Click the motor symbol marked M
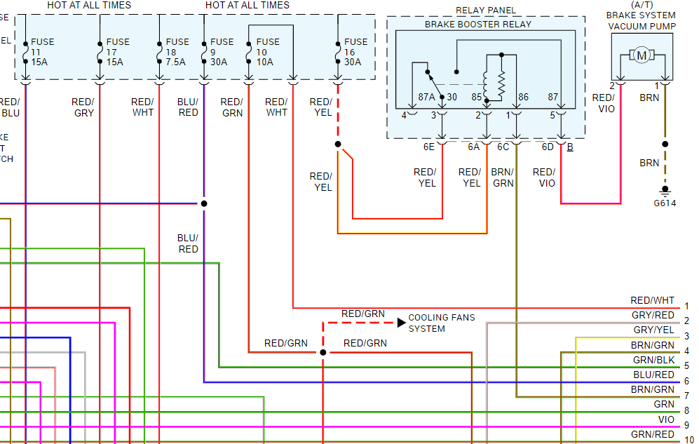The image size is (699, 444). (642, 55)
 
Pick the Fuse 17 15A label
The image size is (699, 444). (117, 52)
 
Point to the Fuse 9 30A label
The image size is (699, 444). (222, 52)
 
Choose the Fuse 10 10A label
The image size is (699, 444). (267, 52)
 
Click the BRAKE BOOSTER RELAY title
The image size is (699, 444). (478, 25)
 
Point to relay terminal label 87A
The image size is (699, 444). (426, 97)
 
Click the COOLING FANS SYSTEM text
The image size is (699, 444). (441, 323)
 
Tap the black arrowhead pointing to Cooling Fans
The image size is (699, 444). (401, 323)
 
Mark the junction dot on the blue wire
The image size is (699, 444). (204, 204)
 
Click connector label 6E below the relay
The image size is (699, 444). (428, 147)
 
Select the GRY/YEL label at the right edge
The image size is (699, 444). (653, 330)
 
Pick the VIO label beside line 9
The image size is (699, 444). (665, 419)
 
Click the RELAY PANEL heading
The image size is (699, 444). (486, 11)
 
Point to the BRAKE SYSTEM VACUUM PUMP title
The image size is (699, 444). (641, 20)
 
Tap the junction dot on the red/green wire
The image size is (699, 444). (323, 352)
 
